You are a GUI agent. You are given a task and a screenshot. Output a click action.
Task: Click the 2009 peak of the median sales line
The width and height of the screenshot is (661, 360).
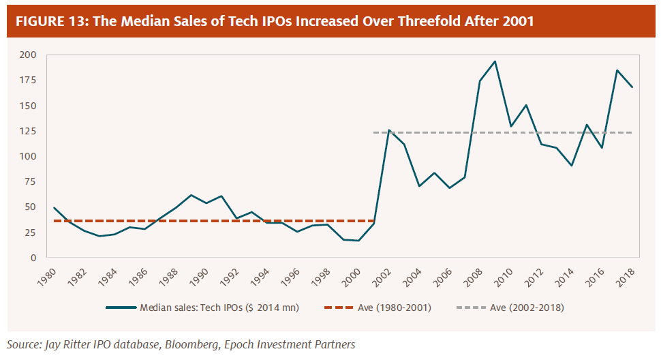495,61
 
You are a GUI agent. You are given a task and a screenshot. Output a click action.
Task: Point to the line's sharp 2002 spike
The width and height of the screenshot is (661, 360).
389,130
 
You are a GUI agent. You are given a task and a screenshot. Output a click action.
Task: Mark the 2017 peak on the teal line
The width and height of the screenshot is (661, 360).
617,70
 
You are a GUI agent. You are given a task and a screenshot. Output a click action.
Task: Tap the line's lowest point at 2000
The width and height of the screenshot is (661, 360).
359,241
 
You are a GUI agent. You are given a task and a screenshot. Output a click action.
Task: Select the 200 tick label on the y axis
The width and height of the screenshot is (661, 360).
27,55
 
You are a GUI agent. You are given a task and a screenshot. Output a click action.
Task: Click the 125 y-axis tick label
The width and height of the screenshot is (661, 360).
27,131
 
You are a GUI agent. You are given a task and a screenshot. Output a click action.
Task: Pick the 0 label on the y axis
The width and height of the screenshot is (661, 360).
33,258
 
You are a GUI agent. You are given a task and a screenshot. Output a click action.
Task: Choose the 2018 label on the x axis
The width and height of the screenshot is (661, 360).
627,275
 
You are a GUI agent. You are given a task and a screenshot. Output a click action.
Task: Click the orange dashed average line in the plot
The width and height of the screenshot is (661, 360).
204,221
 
